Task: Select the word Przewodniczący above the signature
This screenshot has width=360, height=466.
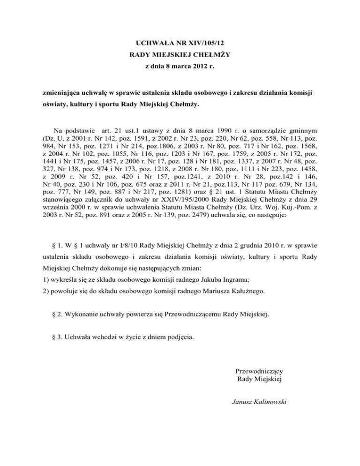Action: pyautogui.click(x=260, y=371)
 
